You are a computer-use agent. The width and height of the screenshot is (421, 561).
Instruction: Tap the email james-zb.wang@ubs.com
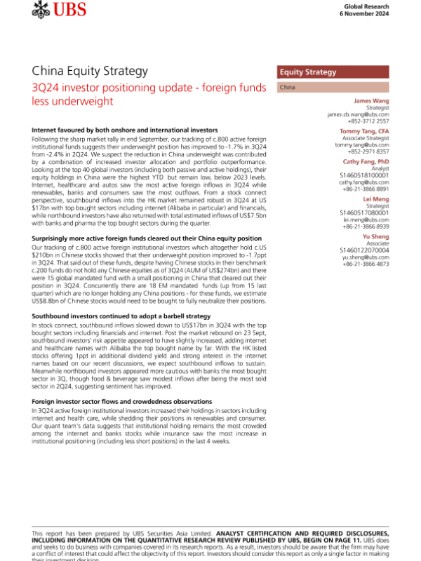coord(358,114)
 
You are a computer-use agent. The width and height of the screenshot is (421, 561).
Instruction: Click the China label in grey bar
coord(286,88)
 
